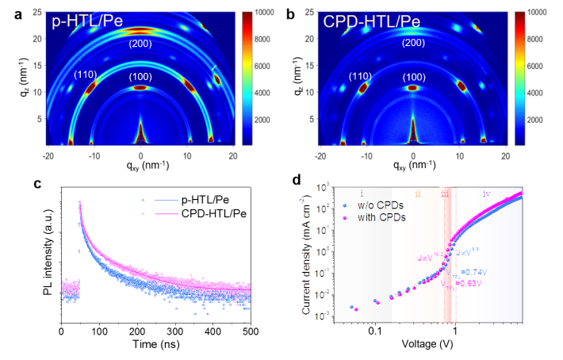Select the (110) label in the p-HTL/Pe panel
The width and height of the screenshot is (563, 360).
coord(86,75)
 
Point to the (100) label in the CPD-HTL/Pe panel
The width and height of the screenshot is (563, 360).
coord(413,77)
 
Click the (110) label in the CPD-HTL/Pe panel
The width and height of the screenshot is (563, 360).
coord(360,77)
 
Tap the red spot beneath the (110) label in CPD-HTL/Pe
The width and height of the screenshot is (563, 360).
coord(364,88)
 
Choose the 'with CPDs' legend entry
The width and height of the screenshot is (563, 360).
coord(376,217)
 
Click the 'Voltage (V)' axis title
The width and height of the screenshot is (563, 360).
coord(428,345)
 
